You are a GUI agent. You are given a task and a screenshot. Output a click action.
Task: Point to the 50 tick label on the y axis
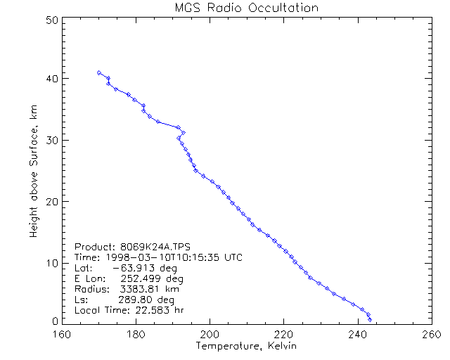tap(50, 20)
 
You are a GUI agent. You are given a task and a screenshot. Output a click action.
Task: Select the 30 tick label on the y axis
tap(50, 140)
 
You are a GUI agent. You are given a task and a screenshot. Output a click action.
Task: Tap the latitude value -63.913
tap(134, 268)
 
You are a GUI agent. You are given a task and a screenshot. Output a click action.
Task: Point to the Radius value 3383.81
tap(138, 289)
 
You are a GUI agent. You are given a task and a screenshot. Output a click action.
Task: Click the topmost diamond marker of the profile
tap(99, 72)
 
